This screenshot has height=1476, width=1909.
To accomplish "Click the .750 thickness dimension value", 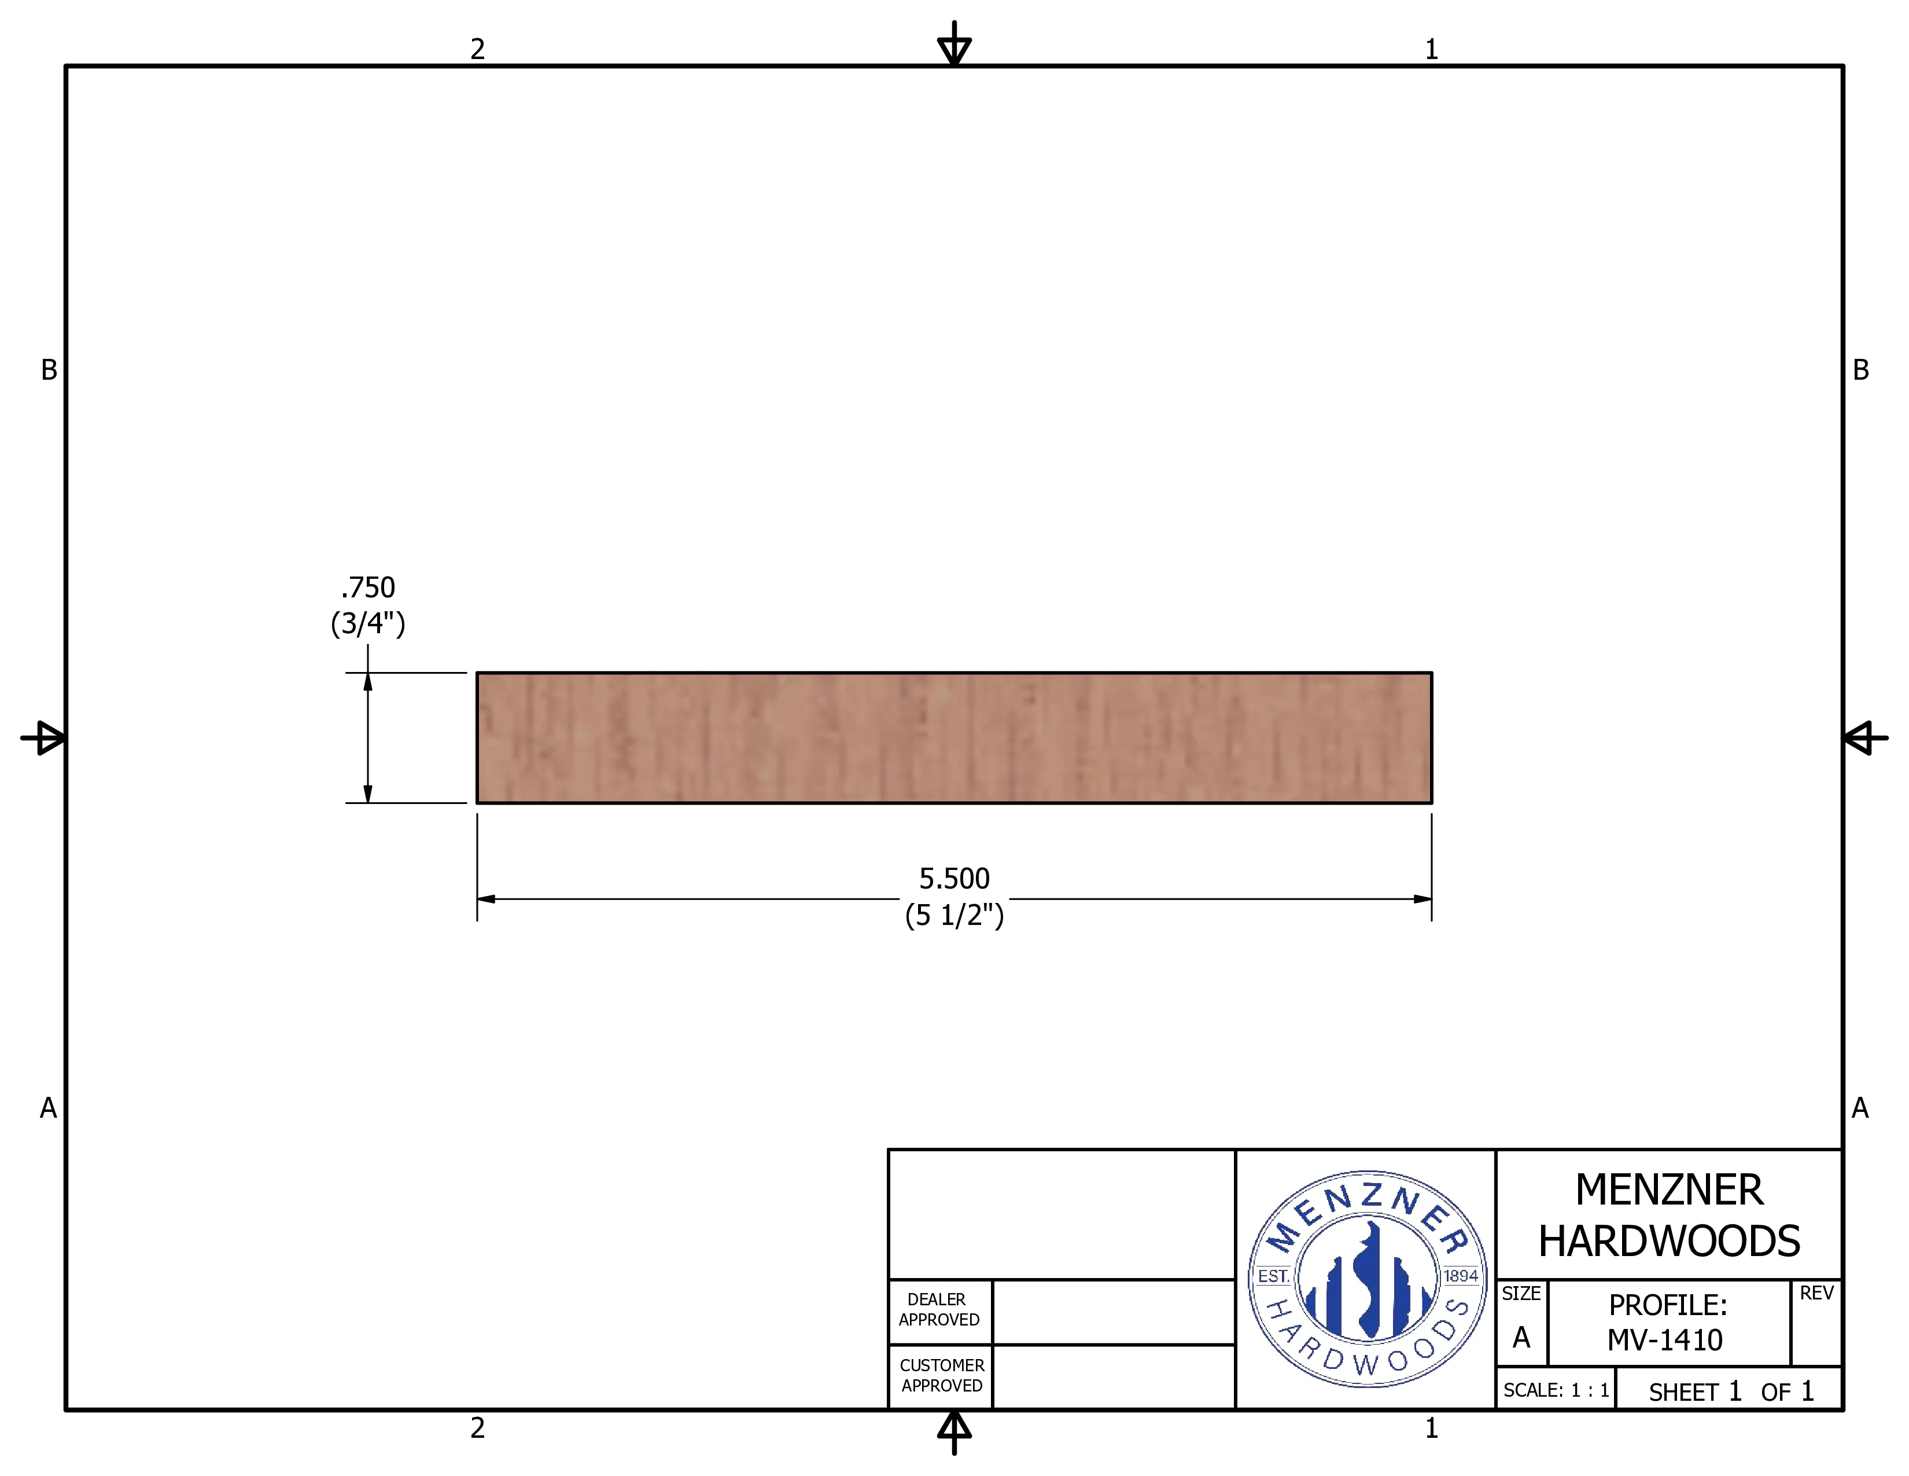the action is point(368,587).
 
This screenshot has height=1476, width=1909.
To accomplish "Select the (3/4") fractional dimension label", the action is point(368,623).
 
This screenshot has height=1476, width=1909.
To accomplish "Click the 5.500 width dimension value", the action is point(954,878).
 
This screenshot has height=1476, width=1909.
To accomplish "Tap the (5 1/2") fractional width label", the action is point(954,916).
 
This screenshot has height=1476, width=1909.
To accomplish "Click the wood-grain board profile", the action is point(954,738).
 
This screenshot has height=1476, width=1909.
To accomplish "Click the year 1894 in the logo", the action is point(1461,1276).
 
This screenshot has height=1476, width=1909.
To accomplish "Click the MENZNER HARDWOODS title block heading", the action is point(1670,1216).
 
